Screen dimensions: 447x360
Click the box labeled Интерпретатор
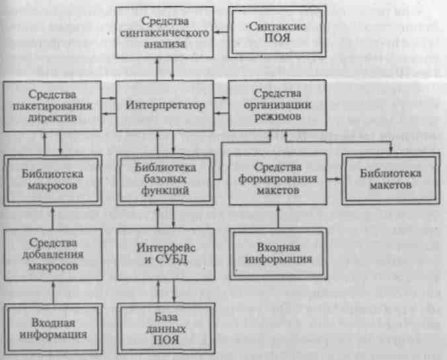click(x=165, y=106)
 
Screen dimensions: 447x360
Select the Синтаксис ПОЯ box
click(x=277, y=32)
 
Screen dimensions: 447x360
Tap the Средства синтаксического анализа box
click(x=165, y=32)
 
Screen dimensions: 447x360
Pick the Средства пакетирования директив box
click(x=52, y=106)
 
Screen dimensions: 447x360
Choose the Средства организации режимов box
click(x=277, y=105)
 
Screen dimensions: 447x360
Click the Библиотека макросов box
click(x=53, y=180)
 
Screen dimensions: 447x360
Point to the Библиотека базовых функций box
click(x=165, y=180)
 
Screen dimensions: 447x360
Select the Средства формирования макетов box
click(x=278, y=179)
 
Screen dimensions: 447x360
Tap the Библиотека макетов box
click(x=391, y=179)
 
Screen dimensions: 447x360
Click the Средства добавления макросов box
click(x=53, y=254)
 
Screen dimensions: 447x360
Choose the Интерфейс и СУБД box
click(x=166, y=254)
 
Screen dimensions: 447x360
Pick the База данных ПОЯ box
click(x=166, y=328)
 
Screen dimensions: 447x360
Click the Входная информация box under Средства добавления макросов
click(x=54, y=329)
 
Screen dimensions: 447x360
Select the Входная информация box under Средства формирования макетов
click(x=278, y=254)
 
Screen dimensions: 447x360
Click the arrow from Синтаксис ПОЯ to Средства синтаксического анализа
click(x=221, y=32)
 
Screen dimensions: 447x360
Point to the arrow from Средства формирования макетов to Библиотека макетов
click(x=334, y=179)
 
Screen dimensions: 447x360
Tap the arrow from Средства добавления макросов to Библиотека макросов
click(x=52, y=217)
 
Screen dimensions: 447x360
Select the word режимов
click(x=278, y=117)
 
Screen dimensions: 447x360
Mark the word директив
click(x=52, y=118)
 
